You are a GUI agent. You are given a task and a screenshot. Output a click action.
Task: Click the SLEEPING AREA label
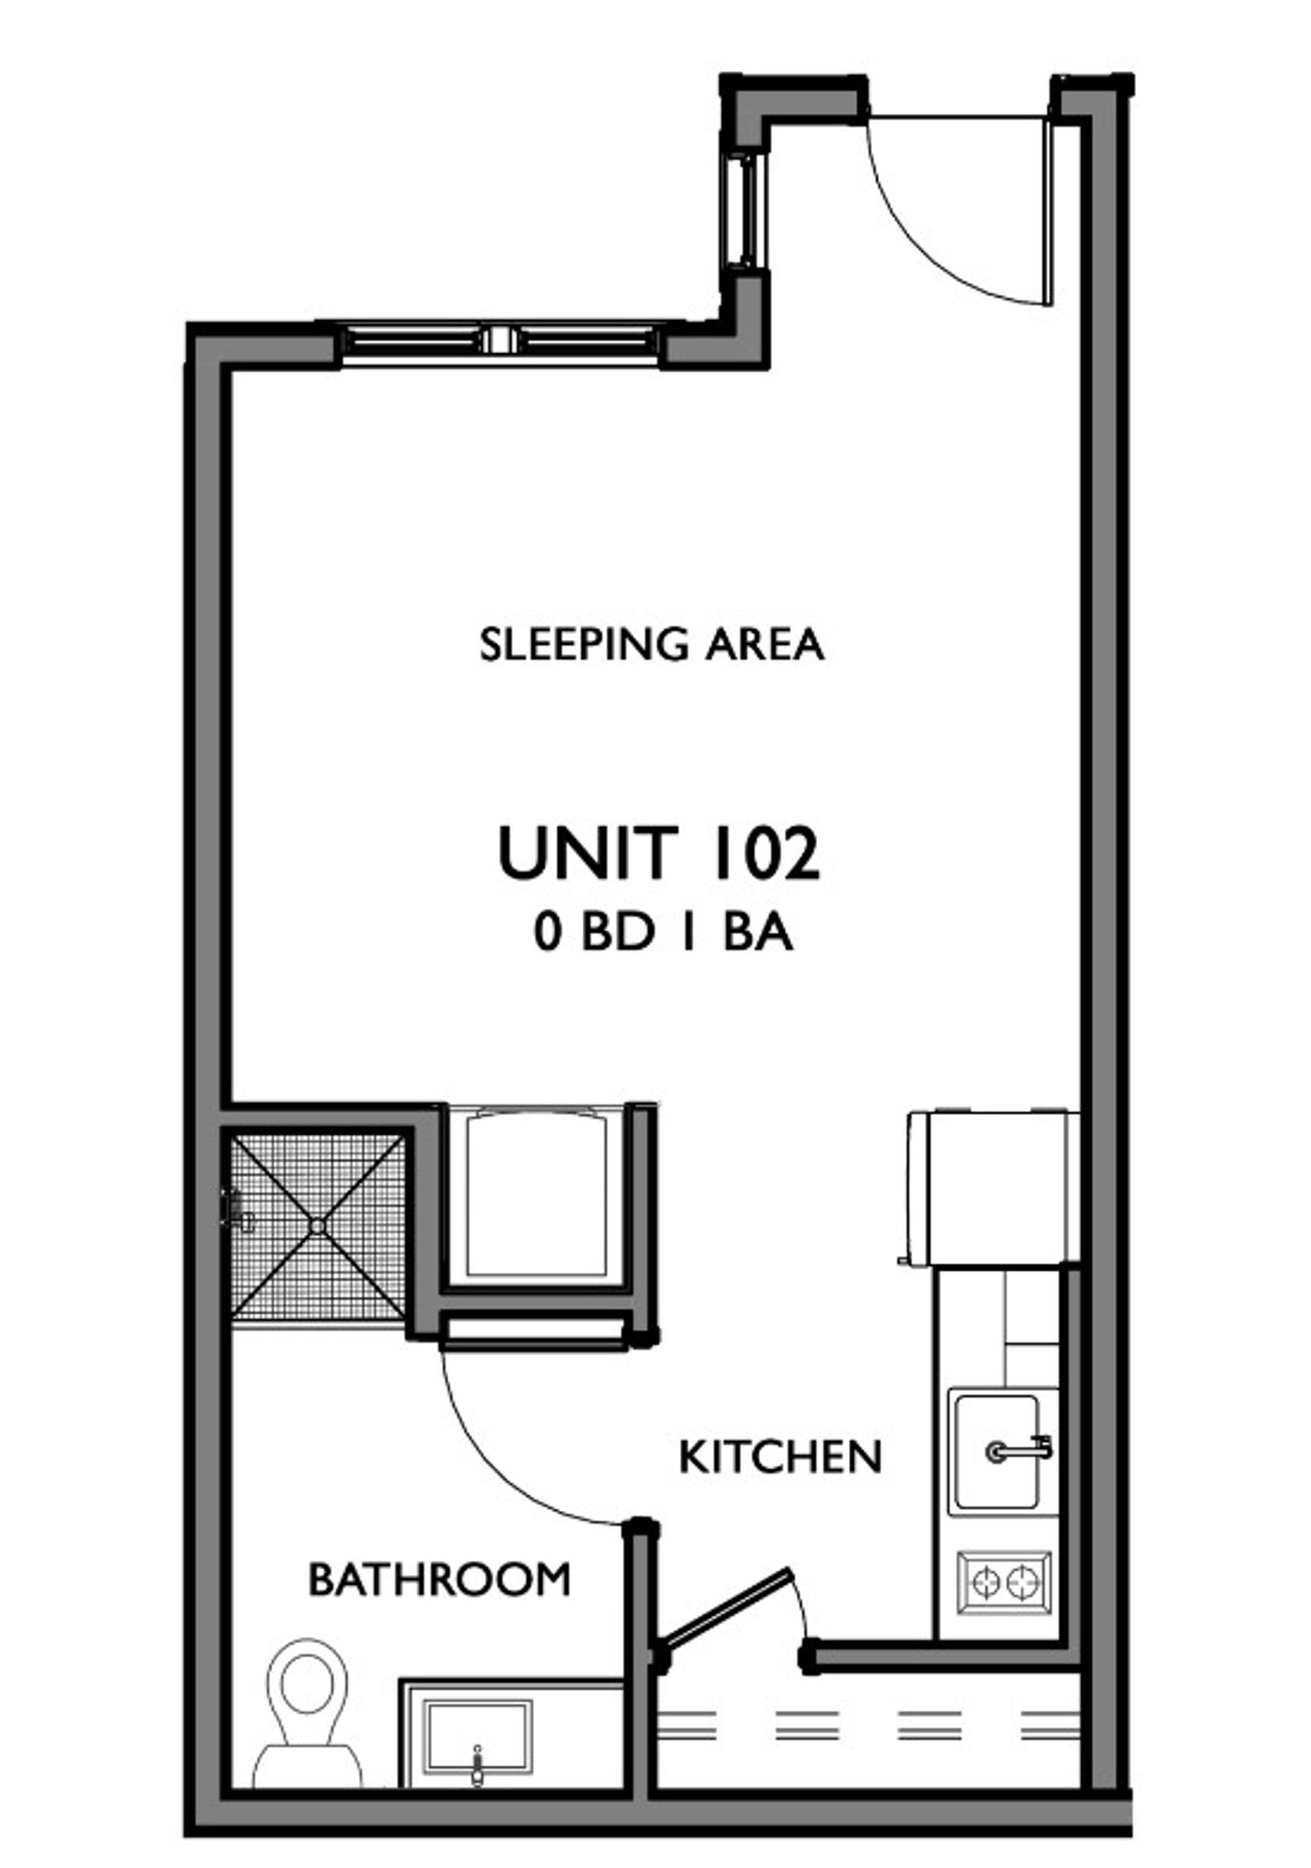click(652, 645)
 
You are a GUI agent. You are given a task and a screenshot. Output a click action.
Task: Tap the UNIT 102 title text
click(658, 853)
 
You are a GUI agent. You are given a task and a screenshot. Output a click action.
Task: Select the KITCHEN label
click(780, 1457)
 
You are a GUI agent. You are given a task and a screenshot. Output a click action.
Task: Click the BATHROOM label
click(440, 1579)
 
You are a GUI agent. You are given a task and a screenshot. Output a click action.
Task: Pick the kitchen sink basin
click(995, 1452)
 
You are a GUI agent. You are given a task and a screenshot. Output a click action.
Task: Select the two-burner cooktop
click(1005, 1584)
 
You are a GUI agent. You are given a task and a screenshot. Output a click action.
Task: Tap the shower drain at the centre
click(318, 1227)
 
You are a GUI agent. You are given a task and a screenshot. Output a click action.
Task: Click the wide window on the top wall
click(500, 341)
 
